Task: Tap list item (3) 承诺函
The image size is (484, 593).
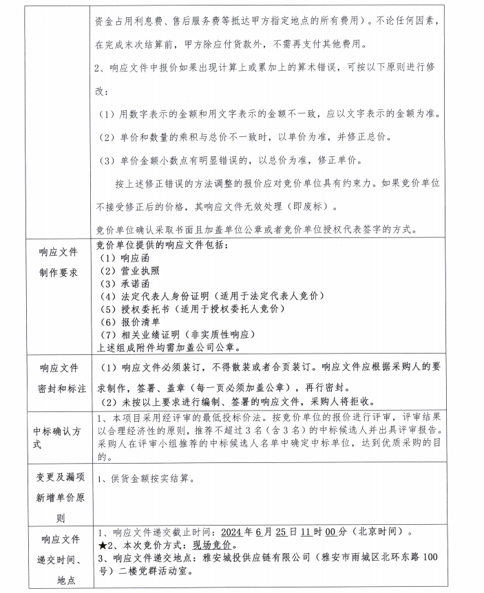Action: (x=124, y=283)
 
